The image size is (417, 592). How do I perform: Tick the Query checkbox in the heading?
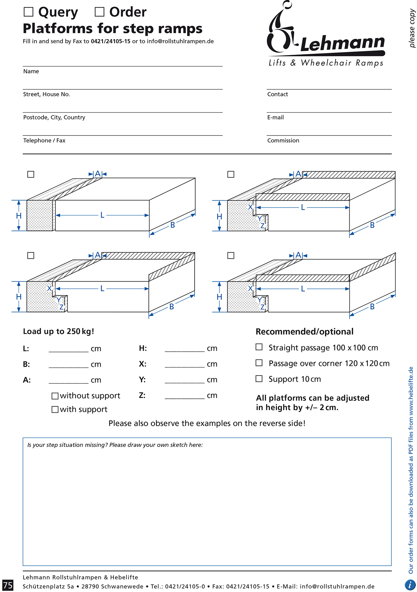click(29, 12)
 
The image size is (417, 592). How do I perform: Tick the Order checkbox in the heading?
click(99, 12)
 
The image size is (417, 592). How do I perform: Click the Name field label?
click(31, 71)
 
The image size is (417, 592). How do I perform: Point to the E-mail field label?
click(275, 118)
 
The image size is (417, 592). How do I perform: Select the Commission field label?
click(283, 141)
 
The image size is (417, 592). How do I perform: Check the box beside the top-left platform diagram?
click(31, 174)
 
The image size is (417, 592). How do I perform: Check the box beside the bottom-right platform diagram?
click(231, 255)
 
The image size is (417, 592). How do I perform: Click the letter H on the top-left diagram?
click(19, 216)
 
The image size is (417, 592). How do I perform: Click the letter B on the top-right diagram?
click(372, 225)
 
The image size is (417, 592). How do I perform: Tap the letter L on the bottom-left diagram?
click(102, 289)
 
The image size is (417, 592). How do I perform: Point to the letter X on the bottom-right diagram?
click(250, 289)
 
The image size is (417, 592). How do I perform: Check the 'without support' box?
click(55, 396)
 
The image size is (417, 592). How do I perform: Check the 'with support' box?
click(55, 409)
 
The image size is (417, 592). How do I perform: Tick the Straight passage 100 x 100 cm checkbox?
click(259, 347)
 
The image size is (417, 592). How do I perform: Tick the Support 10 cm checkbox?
click(259, 379)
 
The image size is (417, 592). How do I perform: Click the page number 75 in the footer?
click(8, 585)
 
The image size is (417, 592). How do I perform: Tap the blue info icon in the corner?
click(410, 584)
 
